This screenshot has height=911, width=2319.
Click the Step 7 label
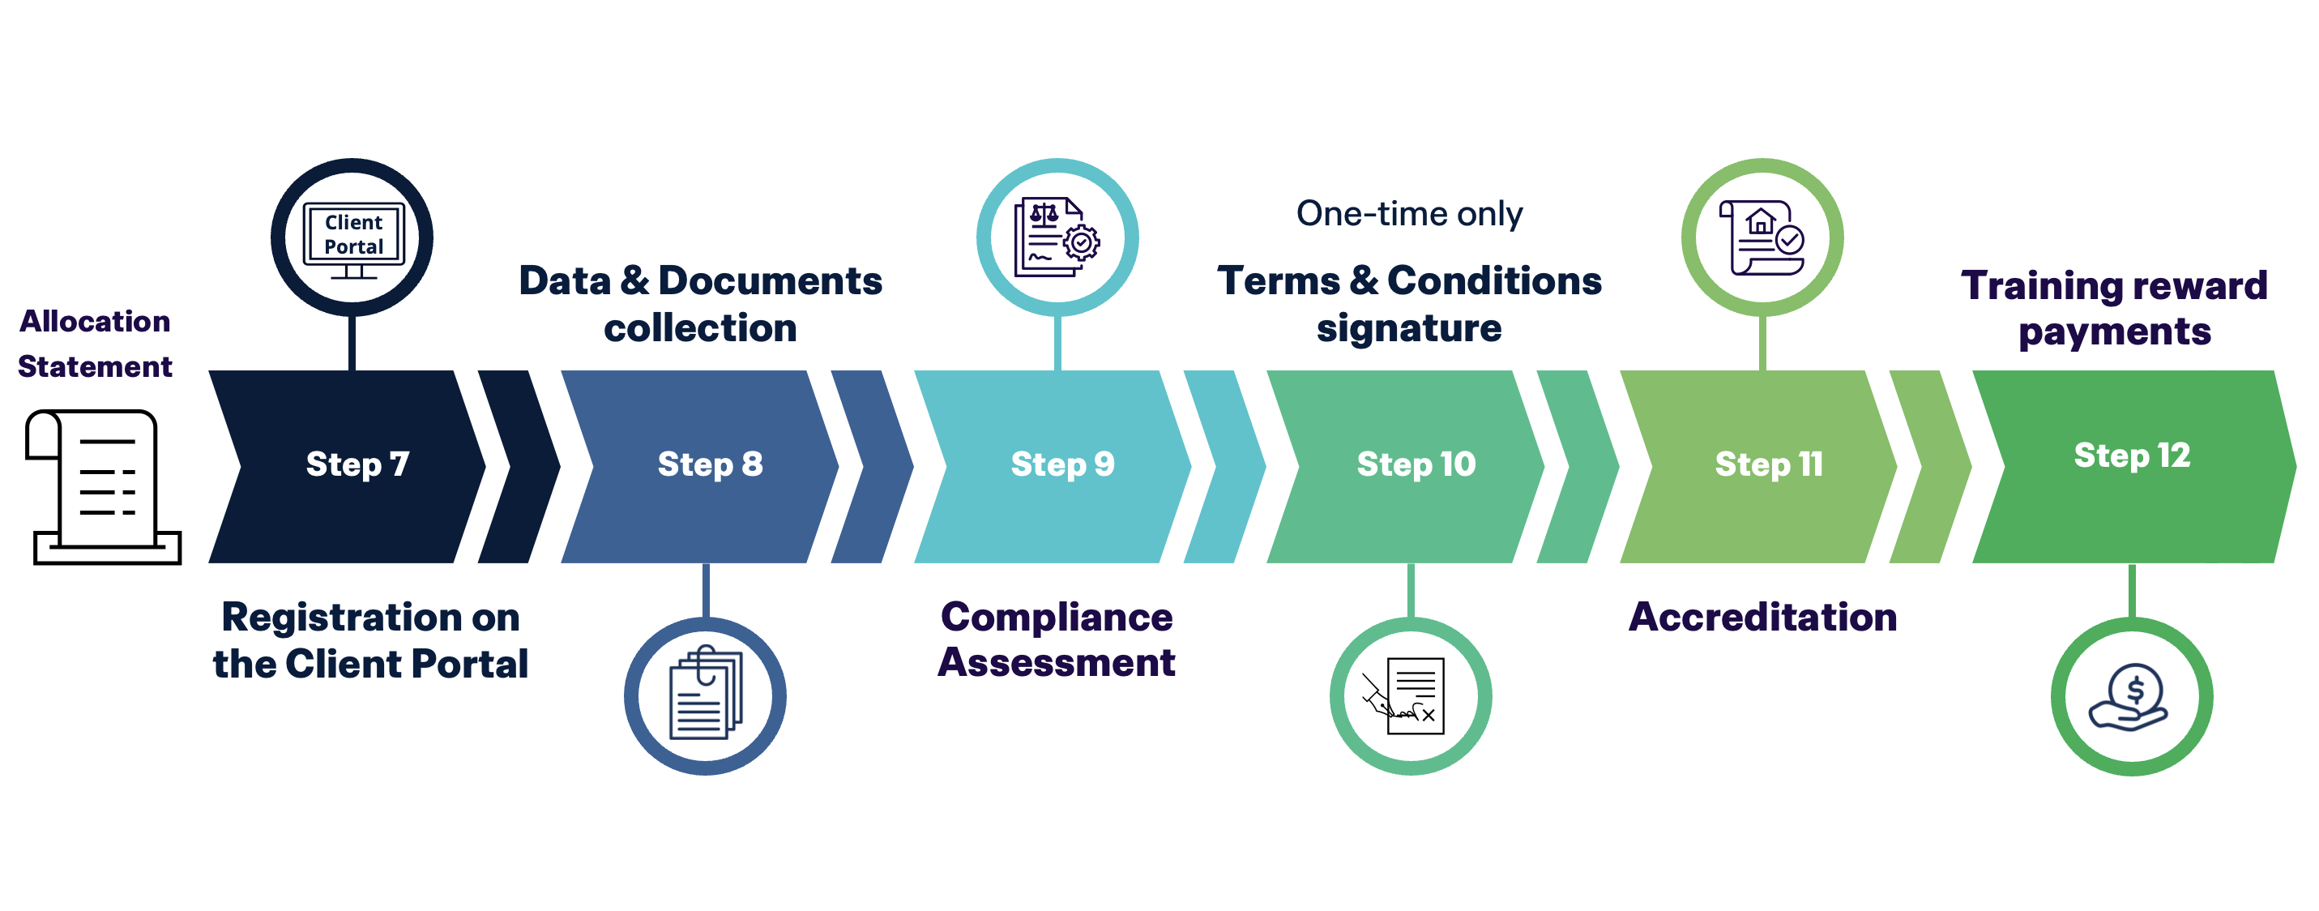357,464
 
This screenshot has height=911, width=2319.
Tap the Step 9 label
1062,464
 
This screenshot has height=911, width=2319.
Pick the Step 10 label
1416,464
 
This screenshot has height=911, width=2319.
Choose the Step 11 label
1768,464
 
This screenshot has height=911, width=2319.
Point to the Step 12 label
2131,455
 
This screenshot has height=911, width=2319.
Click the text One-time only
1409,214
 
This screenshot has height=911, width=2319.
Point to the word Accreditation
1762,618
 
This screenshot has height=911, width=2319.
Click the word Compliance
1056,618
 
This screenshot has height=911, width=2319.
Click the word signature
1408,328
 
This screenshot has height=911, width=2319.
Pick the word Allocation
96,322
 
